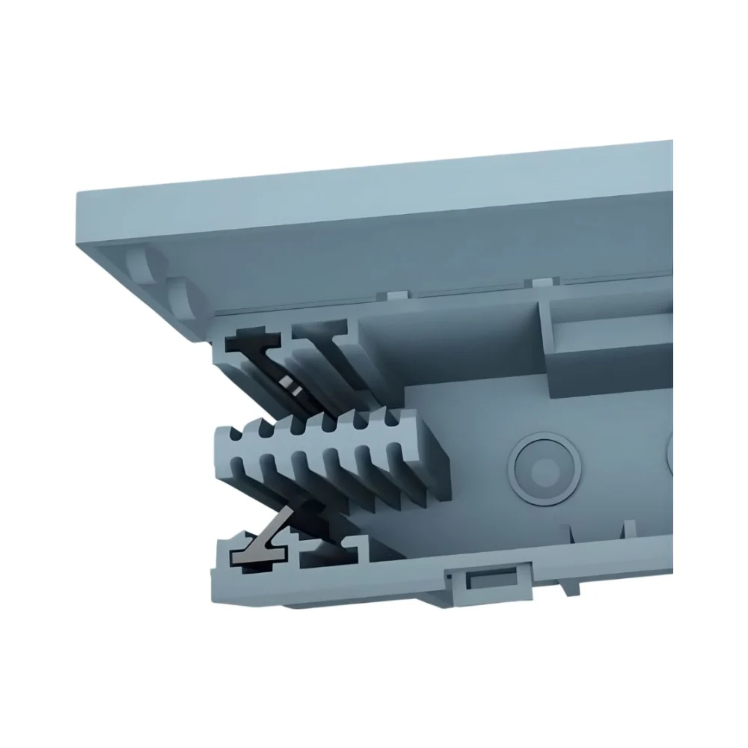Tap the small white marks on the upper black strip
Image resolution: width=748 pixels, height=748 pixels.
(290, 386)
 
